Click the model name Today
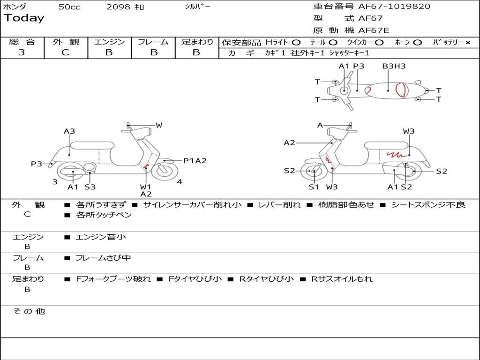pos(24,18)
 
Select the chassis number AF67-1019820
pos(394,7)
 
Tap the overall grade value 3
pos(22,52)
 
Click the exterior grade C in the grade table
pos(65,52)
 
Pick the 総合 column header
pos(22,42)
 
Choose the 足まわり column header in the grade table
pos(197,42)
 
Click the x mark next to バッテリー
pos(468,42)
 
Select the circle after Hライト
pos(296,42)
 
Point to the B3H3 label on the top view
pos(394,66)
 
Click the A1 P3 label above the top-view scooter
pos(352,66)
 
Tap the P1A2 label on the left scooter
pos(195,161)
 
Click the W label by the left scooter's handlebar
pos(159,125)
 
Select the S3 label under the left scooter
pos(90,187)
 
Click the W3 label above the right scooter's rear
pos(409,131)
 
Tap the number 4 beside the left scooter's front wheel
pos(180,182)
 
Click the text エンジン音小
pos(101,237)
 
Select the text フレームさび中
pos(103,258)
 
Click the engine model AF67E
pos(374,30)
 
